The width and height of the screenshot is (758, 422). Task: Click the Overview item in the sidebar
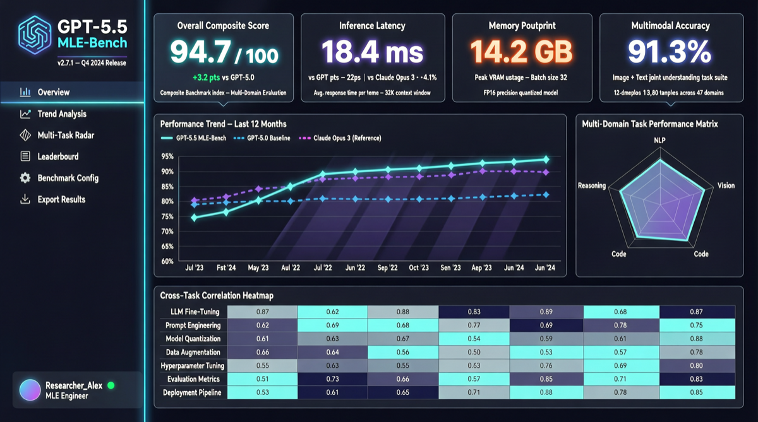coord(53,92)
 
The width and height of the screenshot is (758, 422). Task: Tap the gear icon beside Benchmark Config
coord(25,178)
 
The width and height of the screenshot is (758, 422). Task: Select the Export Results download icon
coord(25,199)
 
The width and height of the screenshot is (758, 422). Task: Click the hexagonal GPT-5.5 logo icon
coord(35,35)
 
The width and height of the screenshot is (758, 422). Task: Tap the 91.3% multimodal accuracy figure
coord(670,53)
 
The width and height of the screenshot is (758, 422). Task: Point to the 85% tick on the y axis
coord(167,186)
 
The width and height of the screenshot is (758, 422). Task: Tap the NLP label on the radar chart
coord(659,140)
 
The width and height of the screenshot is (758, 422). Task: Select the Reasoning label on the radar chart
coord(591,186)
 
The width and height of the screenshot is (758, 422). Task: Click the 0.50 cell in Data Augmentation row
coord(474,352)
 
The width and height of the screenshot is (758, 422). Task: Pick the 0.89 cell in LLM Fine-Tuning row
coord(546,312)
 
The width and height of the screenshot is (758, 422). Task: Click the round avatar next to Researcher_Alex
coord(30,390)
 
